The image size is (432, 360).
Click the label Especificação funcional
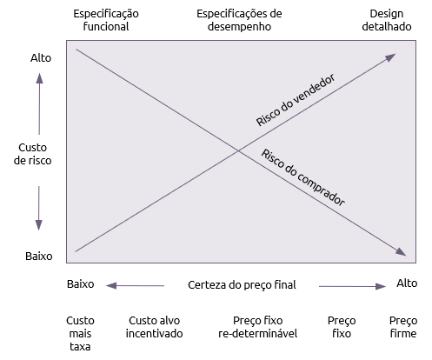[x=106, y=20]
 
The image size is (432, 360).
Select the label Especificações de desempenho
[x=239, y=20]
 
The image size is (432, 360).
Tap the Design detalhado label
[x=387, y=20]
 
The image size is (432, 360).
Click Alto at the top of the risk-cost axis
[x=41, y=58]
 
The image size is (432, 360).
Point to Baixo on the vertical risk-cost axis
[x=39, y=257]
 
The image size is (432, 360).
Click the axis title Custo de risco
[x=32, y=154]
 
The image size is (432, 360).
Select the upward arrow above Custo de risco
[x=39, y=103]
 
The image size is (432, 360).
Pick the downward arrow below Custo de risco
[x=39, y=209]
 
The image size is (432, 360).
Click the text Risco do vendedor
[x=296, y=100]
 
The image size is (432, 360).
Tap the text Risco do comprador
[x=303, y=177]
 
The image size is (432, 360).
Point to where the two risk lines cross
[x=239, y=150]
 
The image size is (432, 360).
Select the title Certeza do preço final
[x=242, y=285]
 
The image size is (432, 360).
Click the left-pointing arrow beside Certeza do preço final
[x=135, y=286]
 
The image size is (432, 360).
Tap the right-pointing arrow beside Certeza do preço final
[x=352, y=286]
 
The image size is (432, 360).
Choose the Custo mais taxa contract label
[x=80, y=333]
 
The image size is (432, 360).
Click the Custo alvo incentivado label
[x=154, y=327]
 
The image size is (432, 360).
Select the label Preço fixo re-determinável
[x=258, y=327]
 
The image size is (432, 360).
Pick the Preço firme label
[x=403, y=327]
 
